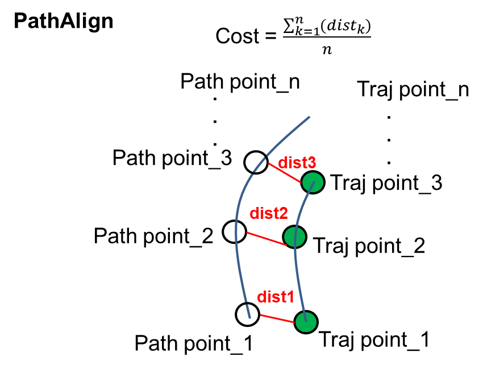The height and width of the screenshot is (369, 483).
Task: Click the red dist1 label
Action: click(276, 297)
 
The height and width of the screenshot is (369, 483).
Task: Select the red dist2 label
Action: click(268, 214)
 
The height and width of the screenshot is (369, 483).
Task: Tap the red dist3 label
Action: click(297, 163)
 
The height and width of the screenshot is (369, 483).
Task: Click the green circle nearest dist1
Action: click(306, 322)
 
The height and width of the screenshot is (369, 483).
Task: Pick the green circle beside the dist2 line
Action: click(294, 237)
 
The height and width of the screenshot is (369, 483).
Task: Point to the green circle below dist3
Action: click(313, 183)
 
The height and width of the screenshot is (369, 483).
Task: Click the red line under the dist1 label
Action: click(277, 318)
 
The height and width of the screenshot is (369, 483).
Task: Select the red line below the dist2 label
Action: click(267, 239)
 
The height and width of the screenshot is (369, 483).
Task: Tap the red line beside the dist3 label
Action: click(284, 173)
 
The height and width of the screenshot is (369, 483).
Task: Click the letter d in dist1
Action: click(261, 297)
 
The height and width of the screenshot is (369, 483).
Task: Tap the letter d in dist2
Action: click(254, 214)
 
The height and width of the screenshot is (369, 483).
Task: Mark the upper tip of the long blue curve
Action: click(309, 117)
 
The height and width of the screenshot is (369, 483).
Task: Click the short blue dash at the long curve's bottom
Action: click(248, 311)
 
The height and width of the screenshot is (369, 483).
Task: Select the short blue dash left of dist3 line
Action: click(259, 165)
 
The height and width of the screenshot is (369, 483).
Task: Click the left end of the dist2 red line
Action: click(247, 233)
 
